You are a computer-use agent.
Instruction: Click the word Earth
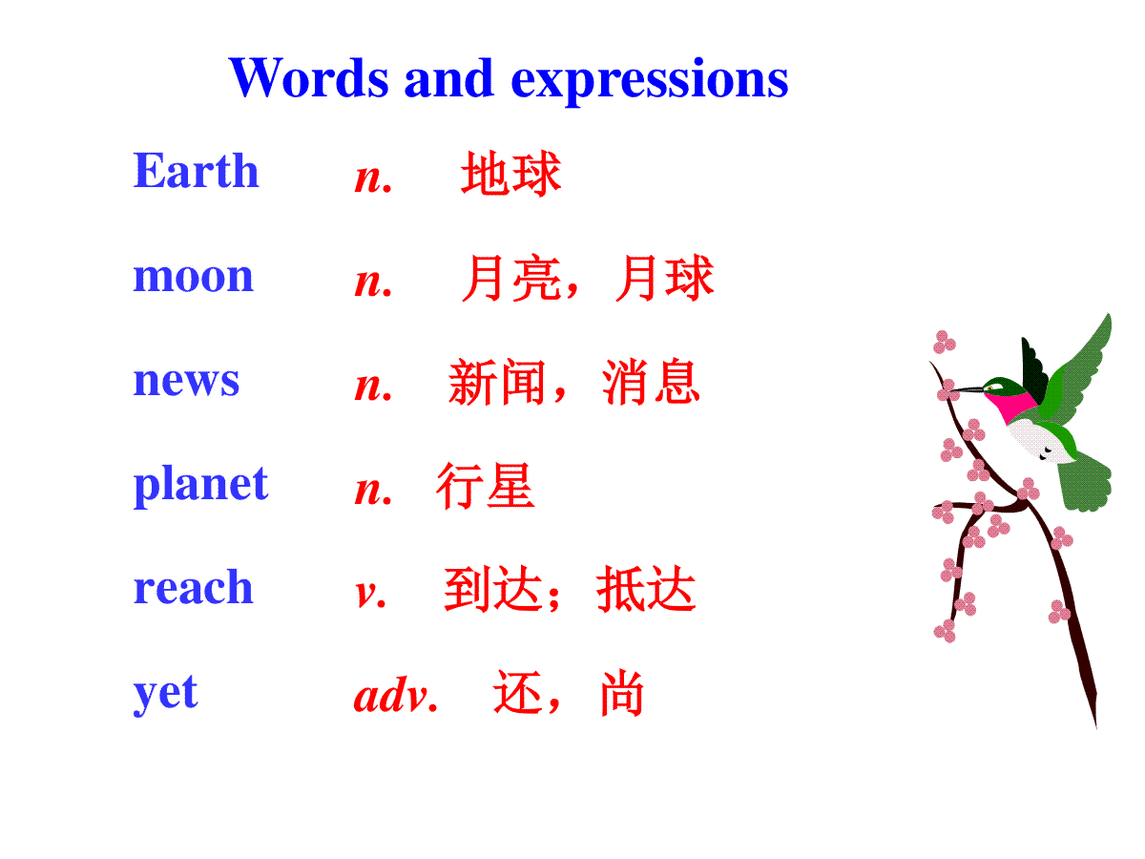pos(196,171)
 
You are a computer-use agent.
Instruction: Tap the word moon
pos(193,276)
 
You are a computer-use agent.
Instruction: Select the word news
pos(186,380)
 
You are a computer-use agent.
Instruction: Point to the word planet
pos(200,486)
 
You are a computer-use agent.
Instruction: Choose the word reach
pos(193,586)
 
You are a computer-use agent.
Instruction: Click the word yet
pos(165,694)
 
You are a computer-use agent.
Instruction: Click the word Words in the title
pos(309,78)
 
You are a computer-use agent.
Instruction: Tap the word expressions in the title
pos(650,81)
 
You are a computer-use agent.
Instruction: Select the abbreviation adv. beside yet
pos(395,695)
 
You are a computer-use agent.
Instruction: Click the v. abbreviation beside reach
pos(370,594)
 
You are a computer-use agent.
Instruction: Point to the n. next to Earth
pos(373,178)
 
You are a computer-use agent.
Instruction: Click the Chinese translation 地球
pos(511,173)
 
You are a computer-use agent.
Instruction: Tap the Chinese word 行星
pos(485,486)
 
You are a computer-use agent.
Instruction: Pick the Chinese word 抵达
pos(646,589)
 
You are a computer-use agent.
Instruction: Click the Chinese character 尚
pos(622,694)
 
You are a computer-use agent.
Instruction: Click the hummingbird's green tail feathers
pos(1085,482)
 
